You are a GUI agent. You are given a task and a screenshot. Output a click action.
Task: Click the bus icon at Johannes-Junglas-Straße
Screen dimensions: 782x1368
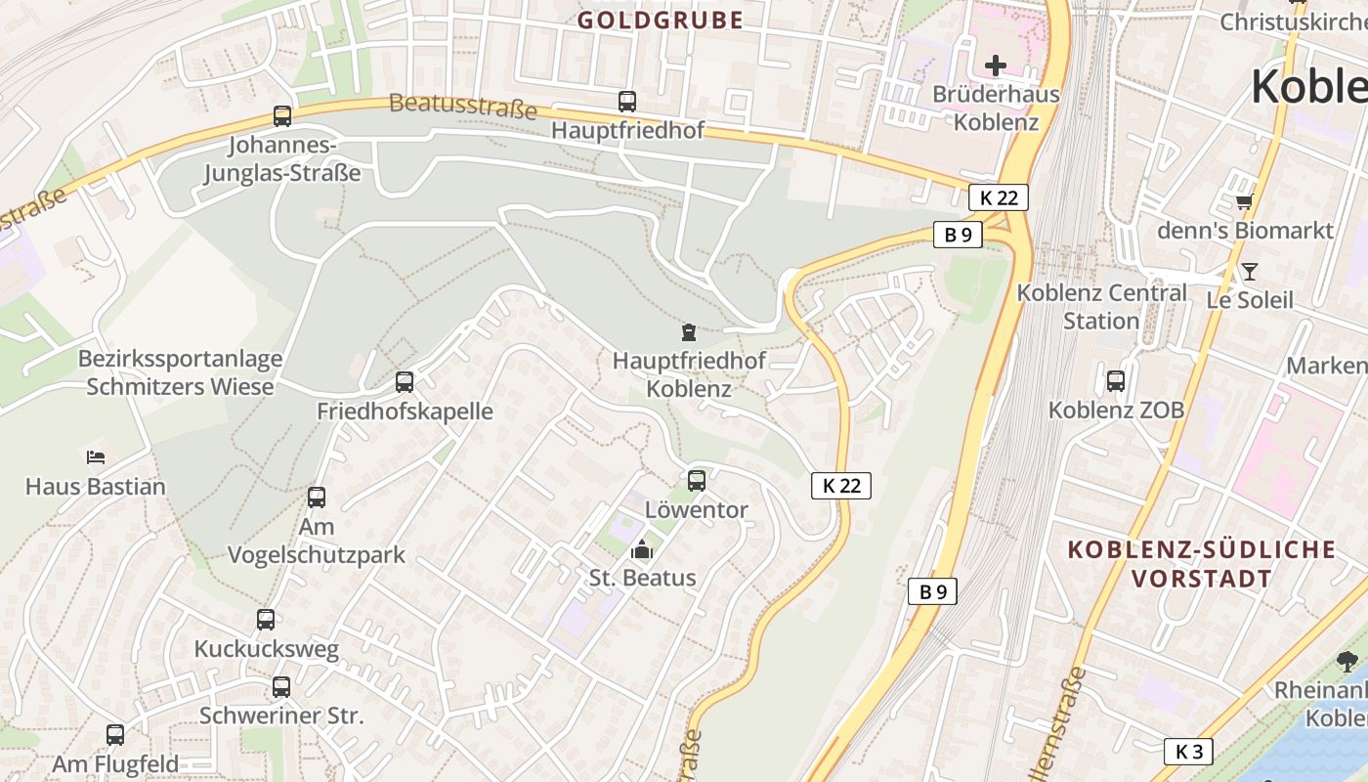282,116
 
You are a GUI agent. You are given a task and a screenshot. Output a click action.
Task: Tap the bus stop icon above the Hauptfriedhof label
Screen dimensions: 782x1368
627,101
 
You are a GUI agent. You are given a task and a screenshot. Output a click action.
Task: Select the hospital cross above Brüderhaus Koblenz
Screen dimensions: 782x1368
996,65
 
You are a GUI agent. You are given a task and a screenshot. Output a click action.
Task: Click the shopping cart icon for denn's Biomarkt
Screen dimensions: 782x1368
1244,202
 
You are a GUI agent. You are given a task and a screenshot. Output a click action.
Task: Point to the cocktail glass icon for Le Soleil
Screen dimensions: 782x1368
1249,271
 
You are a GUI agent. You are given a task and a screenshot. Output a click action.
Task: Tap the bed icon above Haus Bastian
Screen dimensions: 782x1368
95,456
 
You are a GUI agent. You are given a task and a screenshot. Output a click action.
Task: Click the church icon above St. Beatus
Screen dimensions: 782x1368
642,549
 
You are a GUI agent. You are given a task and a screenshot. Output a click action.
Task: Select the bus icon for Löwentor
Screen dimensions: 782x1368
697,480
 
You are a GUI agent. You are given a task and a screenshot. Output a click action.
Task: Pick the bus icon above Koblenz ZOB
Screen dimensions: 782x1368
1116,380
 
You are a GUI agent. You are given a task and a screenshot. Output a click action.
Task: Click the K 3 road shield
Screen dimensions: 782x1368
1189,752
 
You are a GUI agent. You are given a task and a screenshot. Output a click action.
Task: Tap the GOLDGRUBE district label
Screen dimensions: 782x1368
661,20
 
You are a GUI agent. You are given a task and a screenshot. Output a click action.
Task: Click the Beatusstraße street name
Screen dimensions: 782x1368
463,106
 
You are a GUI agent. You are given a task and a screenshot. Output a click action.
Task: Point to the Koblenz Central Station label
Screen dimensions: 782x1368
1101,306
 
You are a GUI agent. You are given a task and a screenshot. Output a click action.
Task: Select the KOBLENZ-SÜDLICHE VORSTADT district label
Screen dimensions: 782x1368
1202,563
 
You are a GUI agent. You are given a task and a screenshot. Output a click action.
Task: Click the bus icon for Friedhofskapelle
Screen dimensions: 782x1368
405,382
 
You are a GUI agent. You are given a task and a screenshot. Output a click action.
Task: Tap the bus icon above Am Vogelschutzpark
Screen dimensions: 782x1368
317,497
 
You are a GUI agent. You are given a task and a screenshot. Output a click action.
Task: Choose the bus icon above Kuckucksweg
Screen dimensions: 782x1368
266,619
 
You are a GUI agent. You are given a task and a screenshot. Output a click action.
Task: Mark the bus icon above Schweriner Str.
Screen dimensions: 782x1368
281,686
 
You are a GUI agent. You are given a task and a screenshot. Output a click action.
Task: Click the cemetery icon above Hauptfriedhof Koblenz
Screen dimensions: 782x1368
689,332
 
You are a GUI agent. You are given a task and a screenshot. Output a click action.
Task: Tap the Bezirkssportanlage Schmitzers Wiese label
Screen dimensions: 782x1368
181,372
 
